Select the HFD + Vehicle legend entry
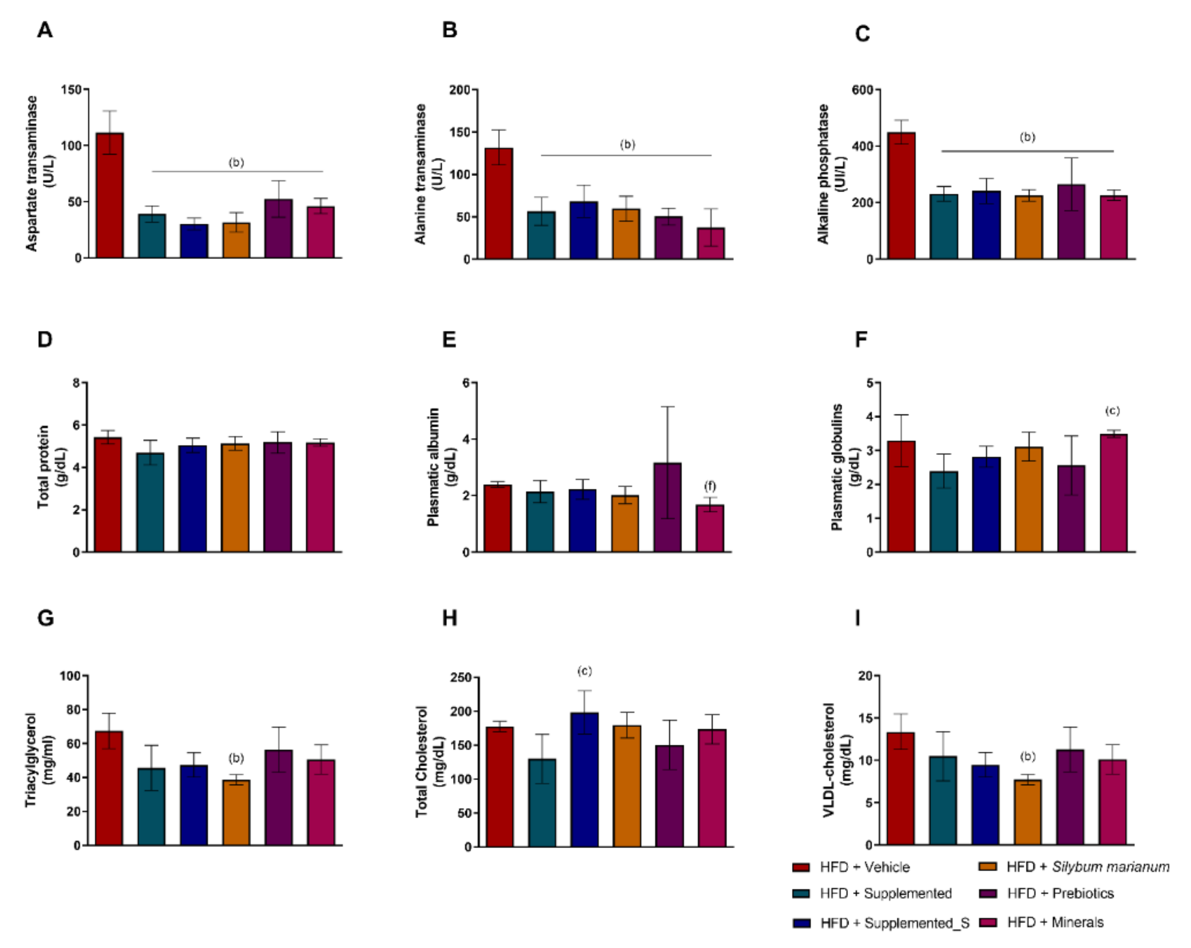click(x=864, y=867)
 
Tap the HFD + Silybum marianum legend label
click(x=1087, y=867)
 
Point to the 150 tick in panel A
click(x=71, y=90)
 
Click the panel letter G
click(x=45, y=617)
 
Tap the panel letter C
click(x=862, y=34)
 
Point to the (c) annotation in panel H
click(x=584, y=671)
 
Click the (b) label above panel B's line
click(x=628, y=145)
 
